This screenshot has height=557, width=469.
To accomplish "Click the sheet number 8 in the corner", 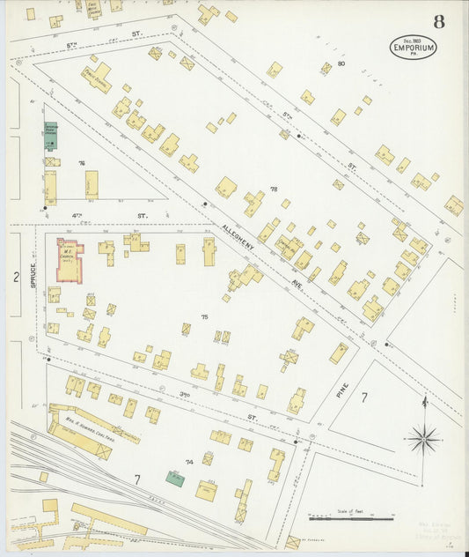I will coord(437,20).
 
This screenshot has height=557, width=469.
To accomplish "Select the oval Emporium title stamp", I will coord(413,47).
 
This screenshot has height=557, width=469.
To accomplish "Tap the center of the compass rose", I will coord(424,435).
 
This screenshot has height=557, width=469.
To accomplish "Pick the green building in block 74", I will coord(176,479).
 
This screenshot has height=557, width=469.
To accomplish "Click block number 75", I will coord(204,316).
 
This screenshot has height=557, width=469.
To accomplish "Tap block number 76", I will coord(81,163).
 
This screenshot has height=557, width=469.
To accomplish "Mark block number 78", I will coord(274,189).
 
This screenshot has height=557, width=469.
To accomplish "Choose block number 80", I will coord(341,64).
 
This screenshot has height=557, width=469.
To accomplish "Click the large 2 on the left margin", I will coord(15,277).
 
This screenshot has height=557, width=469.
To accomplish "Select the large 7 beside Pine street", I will coord(363,397).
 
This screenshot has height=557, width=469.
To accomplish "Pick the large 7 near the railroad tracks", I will coord(136,479).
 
